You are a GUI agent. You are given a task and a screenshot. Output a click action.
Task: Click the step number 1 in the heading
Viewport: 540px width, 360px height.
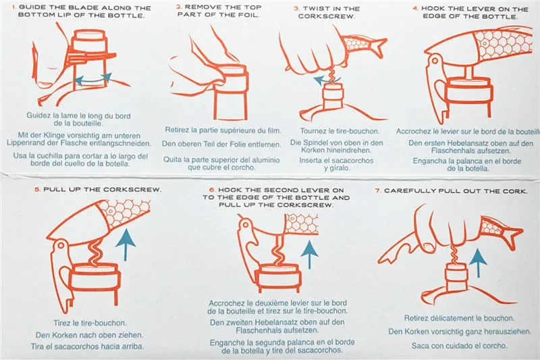coord(14,7)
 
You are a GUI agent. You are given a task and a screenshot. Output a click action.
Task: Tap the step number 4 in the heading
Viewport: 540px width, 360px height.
coord(415,8)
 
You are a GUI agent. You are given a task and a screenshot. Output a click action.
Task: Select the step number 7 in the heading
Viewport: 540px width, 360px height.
coord(378,190)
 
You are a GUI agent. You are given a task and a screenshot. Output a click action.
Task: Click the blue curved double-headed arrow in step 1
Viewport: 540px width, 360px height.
coord(93,79)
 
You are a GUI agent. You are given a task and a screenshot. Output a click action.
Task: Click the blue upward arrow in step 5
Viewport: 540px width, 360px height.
coord(126,245)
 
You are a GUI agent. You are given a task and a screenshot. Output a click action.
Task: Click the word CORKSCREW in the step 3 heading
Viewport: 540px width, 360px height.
coord(326,16)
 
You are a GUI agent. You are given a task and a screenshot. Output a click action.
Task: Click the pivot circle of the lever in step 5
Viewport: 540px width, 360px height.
coord(61,245)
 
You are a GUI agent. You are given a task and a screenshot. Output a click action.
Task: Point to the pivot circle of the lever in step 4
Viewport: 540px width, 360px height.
coord(435,61)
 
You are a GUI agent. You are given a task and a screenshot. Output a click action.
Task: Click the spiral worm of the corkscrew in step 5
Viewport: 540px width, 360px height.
coord(94,253)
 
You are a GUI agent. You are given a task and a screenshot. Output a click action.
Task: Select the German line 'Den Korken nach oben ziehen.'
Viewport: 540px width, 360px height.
coord(89,335)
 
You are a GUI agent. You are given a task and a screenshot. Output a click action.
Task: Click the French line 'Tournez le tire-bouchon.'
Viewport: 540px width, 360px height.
coord(340,131)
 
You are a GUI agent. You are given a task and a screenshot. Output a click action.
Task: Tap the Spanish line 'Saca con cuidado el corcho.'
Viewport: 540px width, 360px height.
coord(460,346)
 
